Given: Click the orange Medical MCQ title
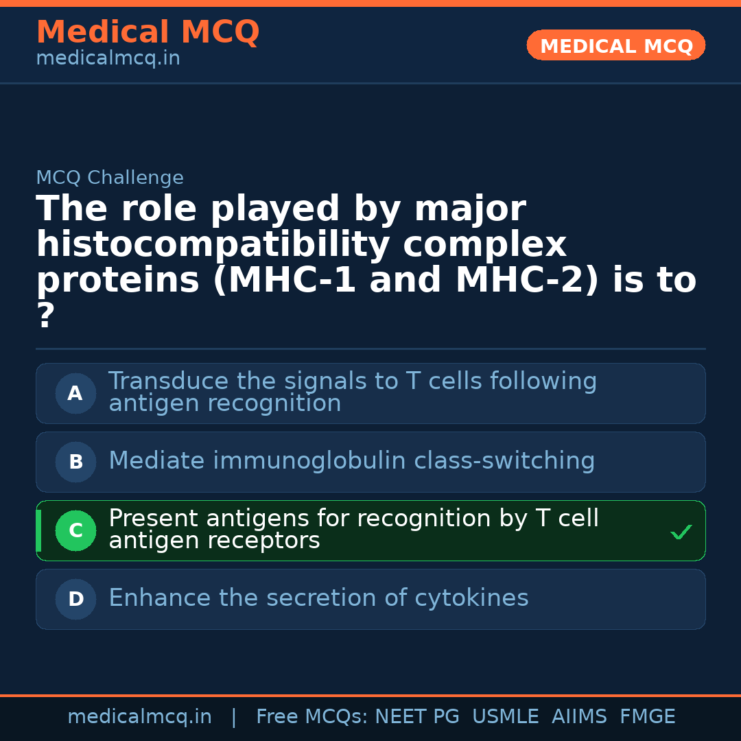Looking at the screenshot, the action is [148, 32].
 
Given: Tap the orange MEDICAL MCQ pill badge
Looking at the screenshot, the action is [615, 45].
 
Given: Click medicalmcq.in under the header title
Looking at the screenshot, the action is [108, 58].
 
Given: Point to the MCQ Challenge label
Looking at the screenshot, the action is [110, 177].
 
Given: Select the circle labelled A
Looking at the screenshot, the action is [75, 393].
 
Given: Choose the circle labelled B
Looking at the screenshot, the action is [75, 462].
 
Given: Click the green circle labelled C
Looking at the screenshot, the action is [75, 530].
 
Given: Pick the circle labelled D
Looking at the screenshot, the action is [75, 599].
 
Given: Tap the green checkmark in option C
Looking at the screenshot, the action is [681, 532].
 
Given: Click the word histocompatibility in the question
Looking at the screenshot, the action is [213, 244].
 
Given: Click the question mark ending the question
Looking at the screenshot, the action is [46, 315].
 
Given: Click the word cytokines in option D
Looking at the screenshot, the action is [471, 598].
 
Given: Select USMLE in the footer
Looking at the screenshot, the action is [506, 716].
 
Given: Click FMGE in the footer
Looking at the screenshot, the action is [648, 716].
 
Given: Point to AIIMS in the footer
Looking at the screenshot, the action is [579, 716].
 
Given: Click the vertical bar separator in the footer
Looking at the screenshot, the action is [234, 717].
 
